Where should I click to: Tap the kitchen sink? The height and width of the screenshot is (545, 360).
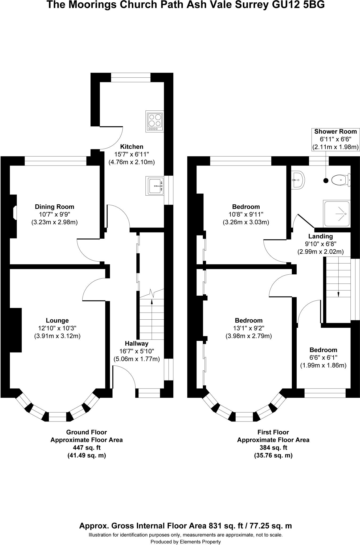pyautogui.click(x=155, y=186)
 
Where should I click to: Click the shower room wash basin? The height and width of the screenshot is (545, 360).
pyautogui.click(x=297, y=180)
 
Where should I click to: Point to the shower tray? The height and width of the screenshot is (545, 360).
pyautogui.click(x=337, y=214)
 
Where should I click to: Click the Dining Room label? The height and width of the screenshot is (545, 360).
pyautogui.click(x=55, y=207)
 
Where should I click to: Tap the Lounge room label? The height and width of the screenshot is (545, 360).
pyautogui.click(x=57, y=321)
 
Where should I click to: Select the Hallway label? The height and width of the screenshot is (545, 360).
pyautogui.click(x=137, y=344)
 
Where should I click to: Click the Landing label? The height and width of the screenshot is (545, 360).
pyautogui.click(x=321, y=236)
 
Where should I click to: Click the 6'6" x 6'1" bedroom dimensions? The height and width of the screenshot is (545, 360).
pyautogui.click(x=323, y=358)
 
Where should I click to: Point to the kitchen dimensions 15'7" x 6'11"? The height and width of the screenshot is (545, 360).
pyautogui.click(x=132, y=154)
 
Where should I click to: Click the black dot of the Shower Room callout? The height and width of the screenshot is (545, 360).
pyautogui.click(x=326, y=180)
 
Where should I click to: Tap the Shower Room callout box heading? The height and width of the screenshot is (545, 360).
pyautogui.click(x=336, y=131)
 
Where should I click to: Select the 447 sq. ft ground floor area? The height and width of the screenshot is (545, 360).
pyautogui.click(x=87, y=448)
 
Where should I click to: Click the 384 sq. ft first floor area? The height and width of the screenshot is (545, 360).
pyautogui.click(x=273, y=448)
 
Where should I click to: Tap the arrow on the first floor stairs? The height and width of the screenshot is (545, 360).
pyautogui.click(x=338, y=294)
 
